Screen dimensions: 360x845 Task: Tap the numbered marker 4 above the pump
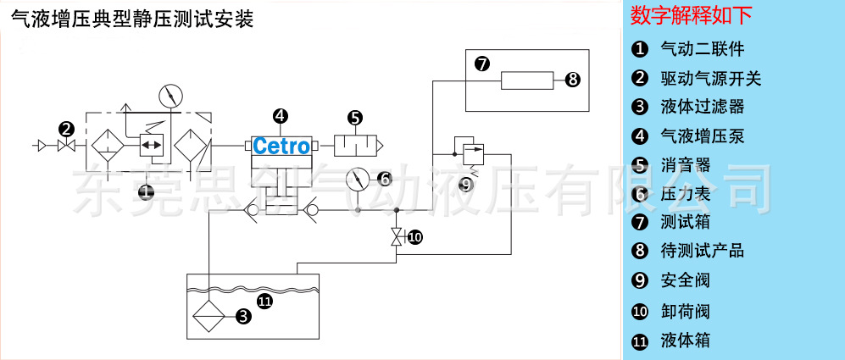280,117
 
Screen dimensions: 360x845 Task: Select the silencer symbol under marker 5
357,146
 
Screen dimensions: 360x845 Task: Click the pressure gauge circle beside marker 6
359,180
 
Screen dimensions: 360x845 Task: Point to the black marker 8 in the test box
572,80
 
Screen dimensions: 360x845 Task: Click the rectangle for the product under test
526,80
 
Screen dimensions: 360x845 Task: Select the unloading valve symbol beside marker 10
396,236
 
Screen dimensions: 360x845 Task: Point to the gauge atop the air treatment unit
171,95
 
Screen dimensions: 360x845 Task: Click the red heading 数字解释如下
692,16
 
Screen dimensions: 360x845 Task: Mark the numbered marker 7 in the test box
481,64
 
